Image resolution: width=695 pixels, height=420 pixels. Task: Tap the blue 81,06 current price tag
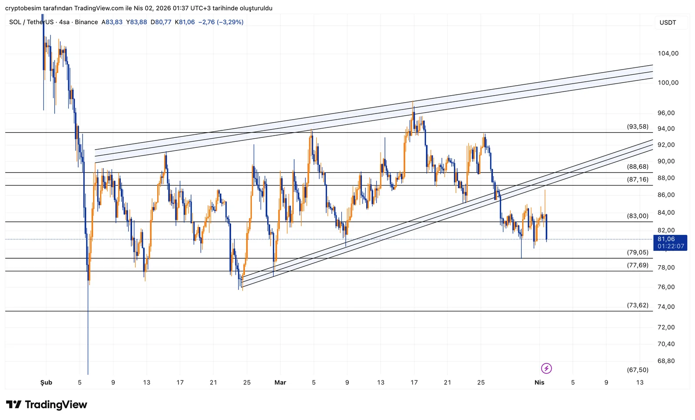pos(670,243)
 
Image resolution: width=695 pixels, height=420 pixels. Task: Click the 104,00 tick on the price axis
pos(668,53)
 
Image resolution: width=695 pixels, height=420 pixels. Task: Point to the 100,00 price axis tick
pos(668,83)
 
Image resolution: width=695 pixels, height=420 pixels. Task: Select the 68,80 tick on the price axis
pos(666,361)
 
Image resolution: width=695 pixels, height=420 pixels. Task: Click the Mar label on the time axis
pos(280,383)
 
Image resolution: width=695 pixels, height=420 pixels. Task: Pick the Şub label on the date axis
pos(46,383)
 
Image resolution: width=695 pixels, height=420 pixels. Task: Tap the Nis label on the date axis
pos(539,383)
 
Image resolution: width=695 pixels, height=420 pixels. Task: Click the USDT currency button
pos(668,23)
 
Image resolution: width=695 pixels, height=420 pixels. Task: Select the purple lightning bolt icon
pos(546,369)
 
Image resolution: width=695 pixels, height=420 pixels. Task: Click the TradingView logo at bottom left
pos(46,405)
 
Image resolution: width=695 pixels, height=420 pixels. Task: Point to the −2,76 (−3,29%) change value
pos(221,22)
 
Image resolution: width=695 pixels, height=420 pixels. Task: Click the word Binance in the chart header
pos(86,22)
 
